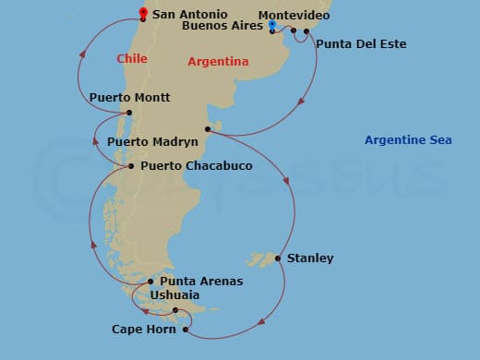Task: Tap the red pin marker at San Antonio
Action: (x=143, y=13)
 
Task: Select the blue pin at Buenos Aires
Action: (x=273, y=25)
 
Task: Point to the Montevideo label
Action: (x=294, y=16)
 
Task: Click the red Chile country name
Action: (x=132, y=59)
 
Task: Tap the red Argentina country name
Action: (x=218, y=62)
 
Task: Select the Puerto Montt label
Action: (x=129, y=98)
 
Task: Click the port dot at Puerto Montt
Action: (x=129, y=114)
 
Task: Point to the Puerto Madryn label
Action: (x=152, y=143)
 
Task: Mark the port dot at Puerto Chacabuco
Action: (x=130, y=166)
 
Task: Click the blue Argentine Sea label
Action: (x=408, y=140)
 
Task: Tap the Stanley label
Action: (x=310, y=258)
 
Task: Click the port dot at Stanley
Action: (x=278, y=258)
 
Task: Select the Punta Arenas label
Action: (x=201, y=282)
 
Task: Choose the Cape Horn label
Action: (x=143, y=329)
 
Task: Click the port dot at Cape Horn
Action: (x=186, y=329)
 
